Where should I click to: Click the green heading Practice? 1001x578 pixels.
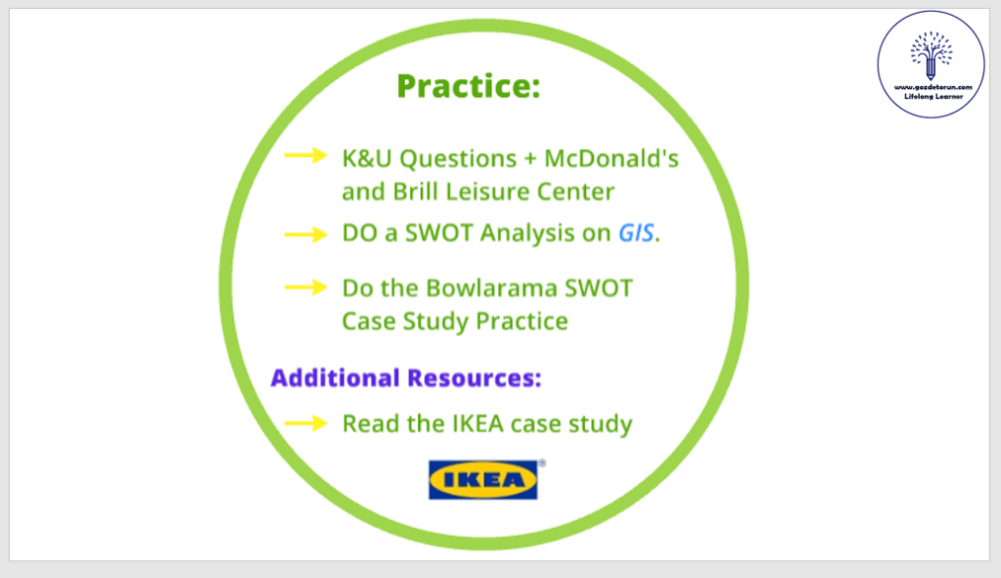click(x=469, y=86)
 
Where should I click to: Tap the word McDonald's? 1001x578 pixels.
click(x=611, y=158)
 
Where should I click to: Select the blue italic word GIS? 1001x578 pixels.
click(x=636, y=233)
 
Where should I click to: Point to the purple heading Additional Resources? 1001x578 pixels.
click(x=406, y=378)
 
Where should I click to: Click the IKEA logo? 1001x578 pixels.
click(x=483, y=479)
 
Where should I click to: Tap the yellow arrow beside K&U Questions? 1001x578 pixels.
click(x=306, y=156)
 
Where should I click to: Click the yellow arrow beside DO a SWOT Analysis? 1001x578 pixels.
click(x=306, y=235)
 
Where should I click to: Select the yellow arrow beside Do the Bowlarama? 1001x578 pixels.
click(x=306, y=288)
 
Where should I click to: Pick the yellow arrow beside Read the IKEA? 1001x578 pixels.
click(x=306, y=423)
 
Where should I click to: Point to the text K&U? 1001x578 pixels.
click(x=367, y=158)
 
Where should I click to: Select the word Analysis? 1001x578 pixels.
click(x=527, y=233)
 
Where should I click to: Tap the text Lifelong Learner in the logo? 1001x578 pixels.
click(x=933, y=97)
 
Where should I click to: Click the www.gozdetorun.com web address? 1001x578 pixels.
click(x=933, y=87)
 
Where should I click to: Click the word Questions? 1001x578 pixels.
click(x=458, y=159)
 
